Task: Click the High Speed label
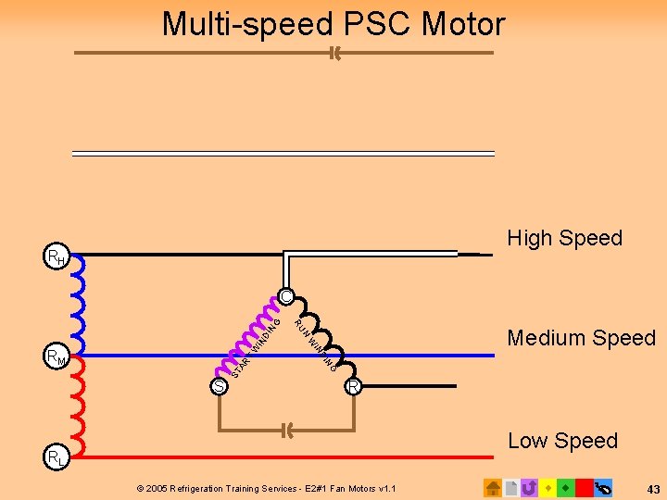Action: click(x=564, y=238)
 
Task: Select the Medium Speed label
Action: click(x=581, y=338)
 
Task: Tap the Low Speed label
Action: click(x=562, y=441)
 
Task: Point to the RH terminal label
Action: click(x=56, y=256)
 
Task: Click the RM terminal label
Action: click(x=56, y=356)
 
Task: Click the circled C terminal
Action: click(x=286, y=297)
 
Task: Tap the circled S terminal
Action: click(x=219, y=386)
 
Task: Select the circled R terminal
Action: click(x=353, y=386)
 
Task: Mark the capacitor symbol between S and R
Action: click(x=286, y=430)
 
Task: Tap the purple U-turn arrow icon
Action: click(x=529, y=487)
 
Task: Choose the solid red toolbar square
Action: click(x=584, y=487)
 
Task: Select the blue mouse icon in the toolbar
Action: click(x=604, y=487)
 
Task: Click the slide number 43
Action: click(x=653, y=488)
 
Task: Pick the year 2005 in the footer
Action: click(x=157, y=488)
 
